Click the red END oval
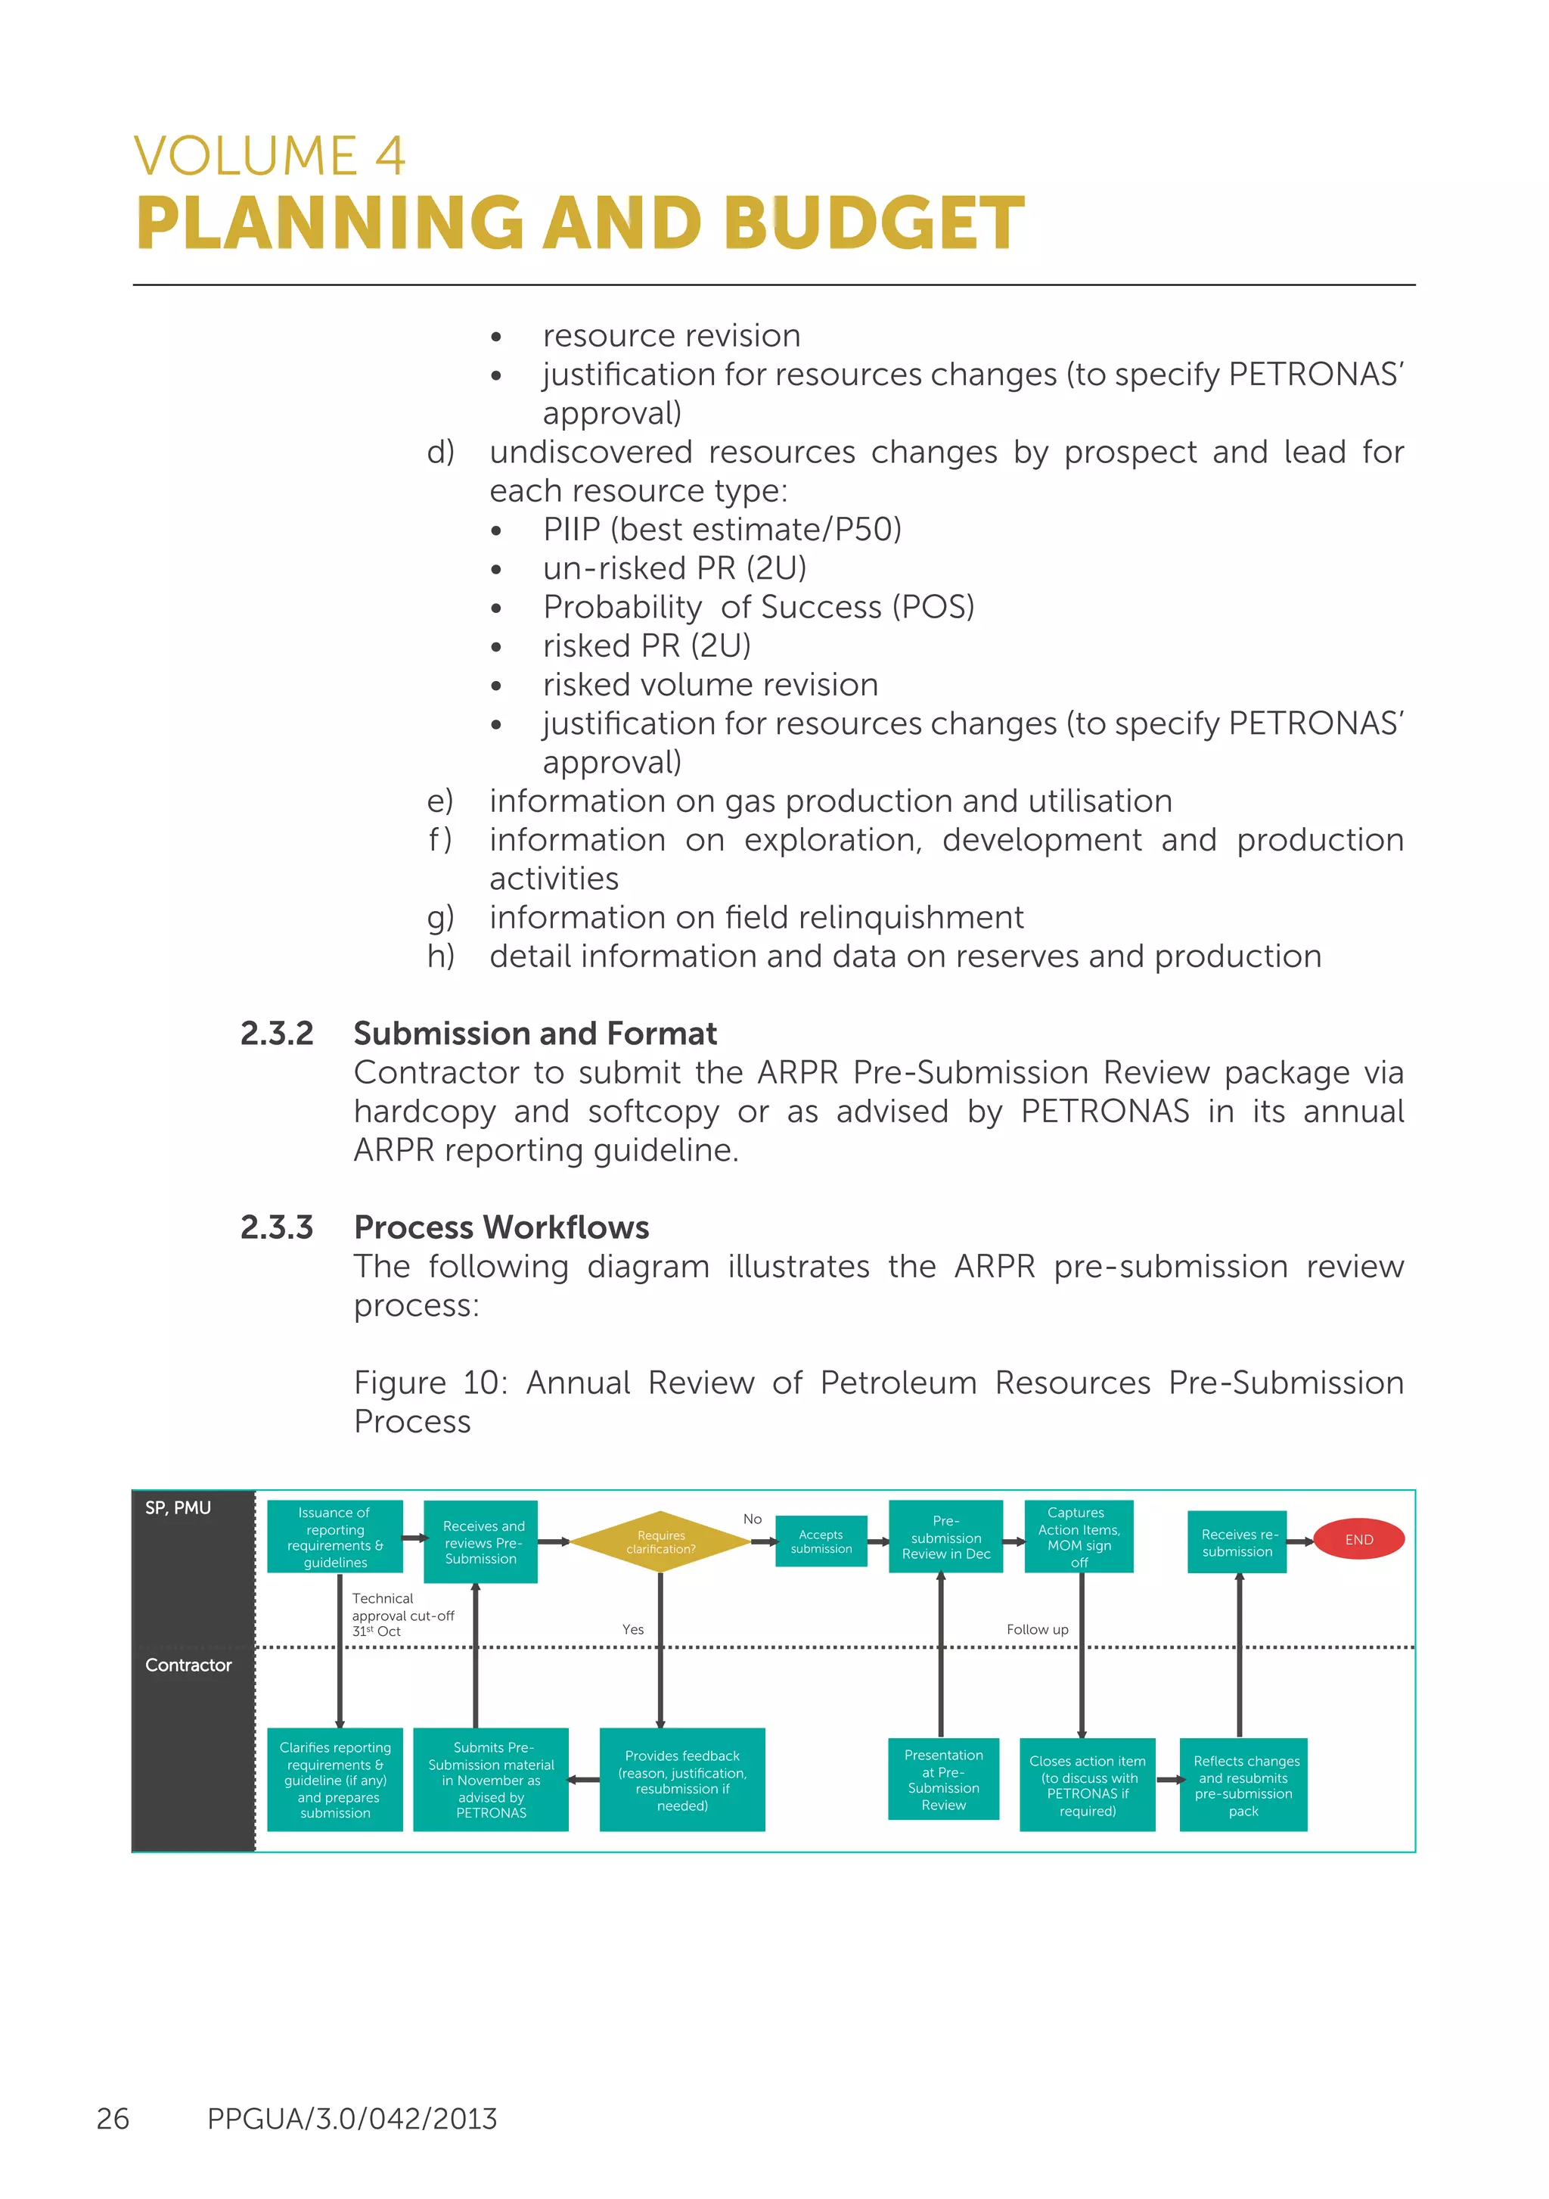(1358, 1539)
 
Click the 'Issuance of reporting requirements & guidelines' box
(334, 1536)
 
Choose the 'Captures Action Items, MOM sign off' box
(1079, 1536)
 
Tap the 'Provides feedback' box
(681, 1780)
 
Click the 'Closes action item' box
(1087, 1784)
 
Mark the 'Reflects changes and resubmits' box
(1243, 1784)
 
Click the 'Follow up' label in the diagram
(1037, 1629)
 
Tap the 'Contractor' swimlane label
(188, 1665)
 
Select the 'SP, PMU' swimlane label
(178, 1507)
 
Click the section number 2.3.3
(277, 1227)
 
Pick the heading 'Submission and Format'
(535, 1034)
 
